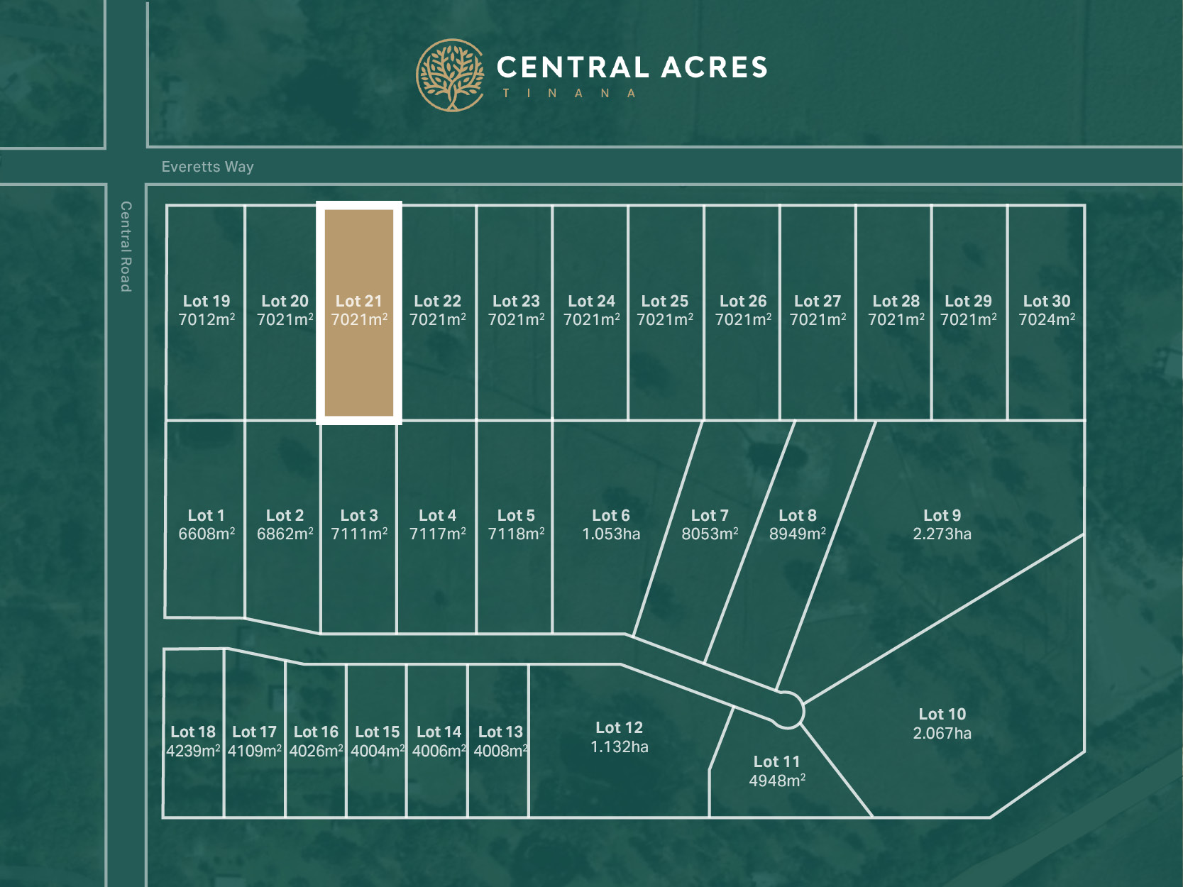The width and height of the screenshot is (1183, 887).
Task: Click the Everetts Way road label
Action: (207, 167)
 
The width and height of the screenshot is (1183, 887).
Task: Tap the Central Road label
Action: (126, 246)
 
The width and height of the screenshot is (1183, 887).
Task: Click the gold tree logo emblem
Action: (450, 75)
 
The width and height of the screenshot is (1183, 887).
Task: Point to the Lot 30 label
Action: (1047, 301)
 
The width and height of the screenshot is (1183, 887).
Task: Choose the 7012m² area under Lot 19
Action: (207, 320)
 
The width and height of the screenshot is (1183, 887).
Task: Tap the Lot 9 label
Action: (942, 515)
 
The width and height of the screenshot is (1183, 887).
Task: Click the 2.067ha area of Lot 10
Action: (942, 733)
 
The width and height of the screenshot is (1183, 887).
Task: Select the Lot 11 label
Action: (776, 761)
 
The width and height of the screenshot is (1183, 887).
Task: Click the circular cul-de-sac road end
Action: (787, 710)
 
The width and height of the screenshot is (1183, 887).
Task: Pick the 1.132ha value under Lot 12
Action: (619, 746)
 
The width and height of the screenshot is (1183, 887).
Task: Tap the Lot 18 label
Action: (193, 732)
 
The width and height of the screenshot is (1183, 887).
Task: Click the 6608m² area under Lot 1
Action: (207, 534)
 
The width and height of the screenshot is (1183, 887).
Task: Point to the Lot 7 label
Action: (710, 515)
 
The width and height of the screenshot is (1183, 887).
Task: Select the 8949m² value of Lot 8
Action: (798, 534)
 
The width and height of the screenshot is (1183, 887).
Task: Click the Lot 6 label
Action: (611, 515)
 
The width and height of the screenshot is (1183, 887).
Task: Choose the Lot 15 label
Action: (378, 732)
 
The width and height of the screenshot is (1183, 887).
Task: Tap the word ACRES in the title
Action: (715, 67)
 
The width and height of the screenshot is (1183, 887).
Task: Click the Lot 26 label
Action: (743, 301)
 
